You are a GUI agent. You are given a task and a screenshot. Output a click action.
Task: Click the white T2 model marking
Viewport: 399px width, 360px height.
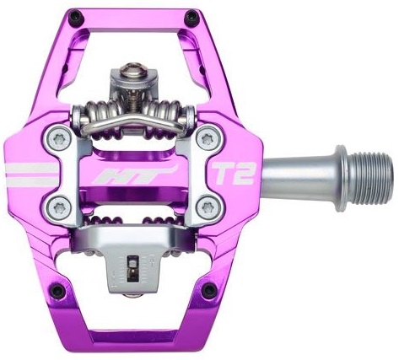(x=233, y=174)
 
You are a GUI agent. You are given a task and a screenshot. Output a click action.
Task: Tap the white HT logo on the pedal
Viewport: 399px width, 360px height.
(x=136, y=175)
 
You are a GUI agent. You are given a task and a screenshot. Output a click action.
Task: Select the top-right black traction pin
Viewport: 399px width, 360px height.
(x=191, y=17)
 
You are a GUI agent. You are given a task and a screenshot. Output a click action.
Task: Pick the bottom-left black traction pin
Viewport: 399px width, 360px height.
(x=57, y=291)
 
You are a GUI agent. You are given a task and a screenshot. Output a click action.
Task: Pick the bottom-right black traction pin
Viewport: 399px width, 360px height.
(x=209, y=289)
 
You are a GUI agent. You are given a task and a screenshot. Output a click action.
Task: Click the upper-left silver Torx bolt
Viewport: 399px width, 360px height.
(x=59, y=139)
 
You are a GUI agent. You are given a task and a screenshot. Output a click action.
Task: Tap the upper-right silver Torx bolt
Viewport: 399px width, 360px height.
(x=208, y=138)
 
